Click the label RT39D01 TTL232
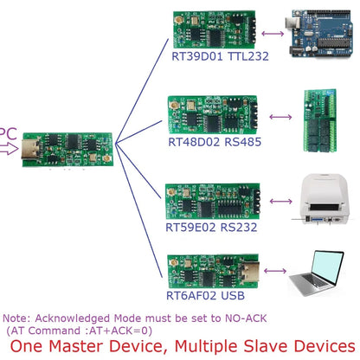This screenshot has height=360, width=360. pyautogui.click(x=220, y=56)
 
